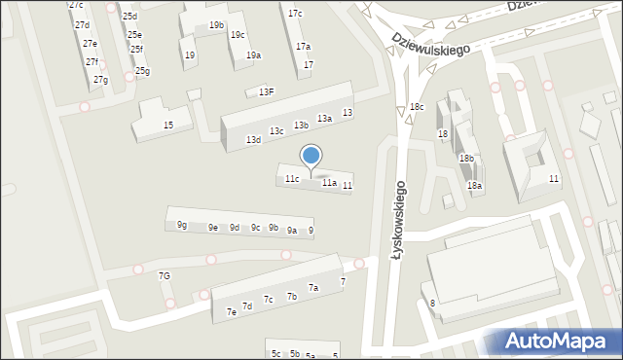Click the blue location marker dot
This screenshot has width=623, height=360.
click(x=311, y=155)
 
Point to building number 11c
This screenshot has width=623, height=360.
click(x=292, y=179)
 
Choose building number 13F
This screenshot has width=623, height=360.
click(x=266, y=92)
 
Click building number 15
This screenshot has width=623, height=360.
click(x=168, y=126)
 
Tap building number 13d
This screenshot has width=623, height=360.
click(x=253, y=140)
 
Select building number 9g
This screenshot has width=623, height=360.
click(x=182, y=226)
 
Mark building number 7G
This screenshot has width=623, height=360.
click(x=165, y=276)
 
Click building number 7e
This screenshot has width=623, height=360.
click(x=232, y=312)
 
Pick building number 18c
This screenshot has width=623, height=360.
click(x=417, y=107)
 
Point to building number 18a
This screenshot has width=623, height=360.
click(x=474, y=186)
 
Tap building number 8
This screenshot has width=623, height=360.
click(x=432, y=304)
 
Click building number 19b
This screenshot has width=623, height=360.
click(x=216, y=25)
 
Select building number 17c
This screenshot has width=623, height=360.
click(x=295, y=14)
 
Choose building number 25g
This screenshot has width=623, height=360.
click(x=142, y=71)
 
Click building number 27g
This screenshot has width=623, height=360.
click(x=100, y=80)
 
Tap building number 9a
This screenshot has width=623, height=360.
click(x=292, y=231)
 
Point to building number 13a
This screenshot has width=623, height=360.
click(x=324, y=119)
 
